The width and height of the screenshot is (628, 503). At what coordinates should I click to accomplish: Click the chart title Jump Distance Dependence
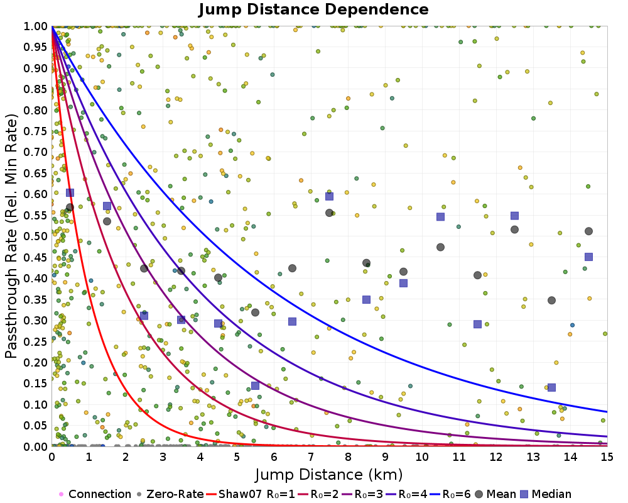(313, 9)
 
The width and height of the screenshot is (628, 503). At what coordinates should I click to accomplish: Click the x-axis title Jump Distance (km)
(328, 473)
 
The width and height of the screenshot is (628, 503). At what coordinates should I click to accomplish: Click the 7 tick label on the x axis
(310, 457)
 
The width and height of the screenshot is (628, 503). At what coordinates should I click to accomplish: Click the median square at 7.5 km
(329, 196)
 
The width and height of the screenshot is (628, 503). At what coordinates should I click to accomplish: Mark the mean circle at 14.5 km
(588, 231)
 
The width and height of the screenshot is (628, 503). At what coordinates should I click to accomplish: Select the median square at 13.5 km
(551, 387)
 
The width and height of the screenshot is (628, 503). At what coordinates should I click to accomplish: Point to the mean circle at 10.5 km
(440, 247)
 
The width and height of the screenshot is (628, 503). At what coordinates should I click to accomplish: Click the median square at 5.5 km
(255, 385)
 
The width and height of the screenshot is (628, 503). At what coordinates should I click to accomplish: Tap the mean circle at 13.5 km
(551, 301)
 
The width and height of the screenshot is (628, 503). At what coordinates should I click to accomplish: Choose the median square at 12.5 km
(514, 216)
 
